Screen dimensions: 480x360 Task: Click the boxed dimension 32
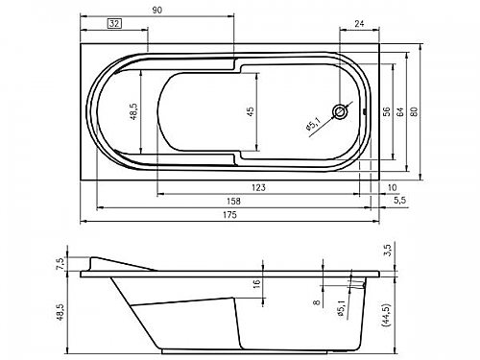click(115, 24)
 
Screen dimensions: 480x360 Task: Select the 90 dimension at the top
click(156, 11)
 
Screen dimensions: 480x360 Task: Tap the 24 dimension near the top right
click(359, 24)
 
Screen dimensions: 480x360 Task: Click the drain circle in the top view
click(340, 111)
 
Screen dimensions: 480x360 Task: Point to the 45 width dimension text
click(251, 111)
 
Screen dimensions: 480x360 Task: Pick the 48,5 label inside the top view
click(133, 111)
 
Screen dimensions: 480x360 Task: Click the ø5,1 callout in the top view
click(314, 124)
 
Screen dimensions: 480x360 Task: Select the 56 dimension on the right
click(387, 111)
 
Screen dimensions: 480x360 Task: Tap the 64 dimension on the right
click(400, 111)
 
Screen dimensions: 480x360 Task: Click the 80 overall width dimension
click(414, 111)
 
